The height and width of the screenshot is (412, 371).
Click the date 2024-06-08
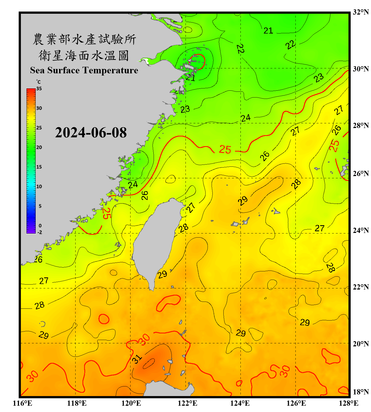(91, 133)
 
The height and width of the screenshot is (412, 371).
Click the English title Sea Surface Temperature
(84, 70)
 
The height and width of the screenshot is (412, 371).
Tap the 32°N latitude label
(361, 12)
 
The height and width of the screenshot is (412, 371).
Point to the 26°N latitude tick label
(361, 174)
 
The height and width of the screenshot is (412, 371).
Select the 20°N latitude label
(361, 344)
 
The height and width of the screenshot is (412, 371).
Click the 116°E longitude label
(23, 403)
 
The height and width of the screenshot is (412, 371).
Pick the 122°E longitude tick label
(187, 403)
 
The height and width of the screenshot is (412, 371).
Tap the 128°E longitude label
(348, 403)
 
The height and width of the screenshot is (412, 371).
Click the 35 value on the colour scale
(39, 89)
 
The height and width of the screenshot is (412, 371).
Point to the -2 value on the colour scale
(40, 232)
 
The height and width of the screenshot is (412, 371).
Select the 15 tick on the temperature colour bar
(39, 167)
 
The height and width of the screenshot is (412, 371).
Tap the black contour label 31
(137, 359)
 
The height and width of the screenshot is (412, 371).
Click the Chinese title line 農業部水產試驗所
(84, 39)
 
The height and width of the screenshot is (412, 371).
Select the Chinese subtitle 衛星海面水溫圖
(84, 55)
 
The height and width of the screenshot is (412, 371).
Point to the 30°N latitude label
(361, 69)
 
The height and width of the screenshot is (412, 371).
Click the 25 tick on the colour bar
(39, 128)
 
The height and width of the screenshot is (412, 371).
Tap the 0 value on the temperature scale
(40, 226)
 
